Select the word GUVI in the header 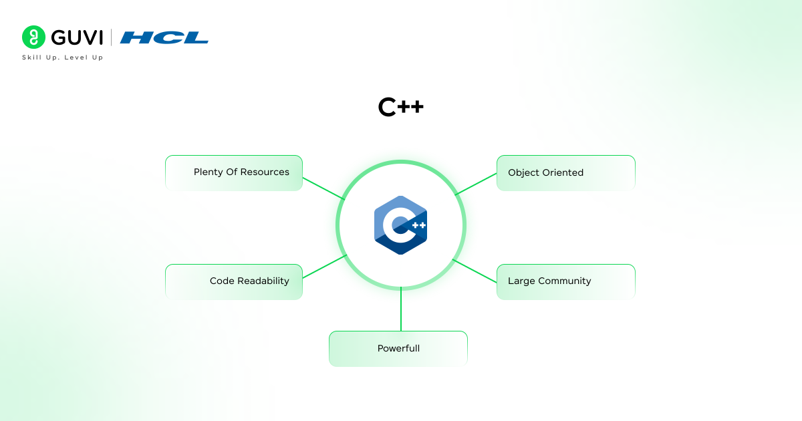[x=76, y=37]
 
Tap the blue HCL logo [x=164, y=37]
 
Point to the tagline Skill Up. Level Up [x=62, y=57]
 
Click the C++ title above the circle [x=400, y=108]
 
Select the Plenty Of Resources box [x=234, y=173]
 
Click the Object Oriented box [x=565, y=173]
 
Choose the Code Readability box [x=234, y=281]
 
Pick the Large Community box [x=565, y=281]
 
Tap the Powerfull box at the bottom [x=398, y=348]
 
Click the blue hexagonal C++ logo [x=400, y=225]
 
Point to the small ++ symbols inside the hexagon [x=418, y=225]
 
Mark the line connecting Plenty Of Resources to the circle [x=323, y=188]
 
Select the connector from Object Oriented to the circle [x=476, y=184]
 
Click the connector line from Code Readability [x=325, y=267]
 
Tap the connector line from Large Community [x=475, y=269]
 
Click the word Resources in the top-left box [x=266, y=172]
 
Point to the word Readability [x=263, y=281]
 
